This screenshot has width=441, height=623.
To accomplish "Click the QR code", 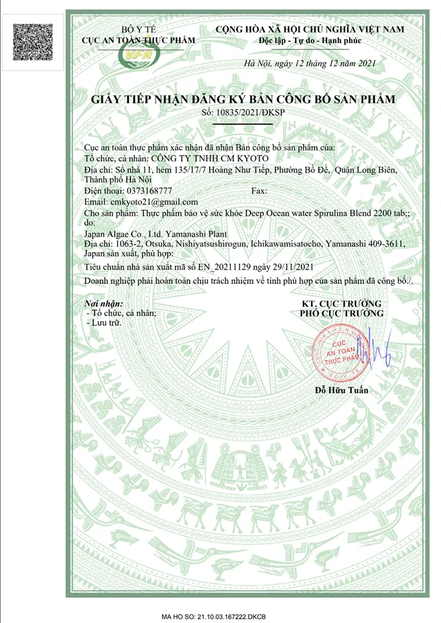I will [x=33, y=42].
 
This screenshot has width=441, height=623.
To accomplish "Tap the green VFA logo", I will [x=139, y=57].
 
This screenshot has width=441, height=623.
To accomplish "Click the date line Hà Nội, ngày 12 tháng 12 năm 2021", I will [x=307, y=63].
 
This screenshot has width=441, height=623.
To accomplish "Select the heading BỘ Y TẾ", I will [x=139, y=30].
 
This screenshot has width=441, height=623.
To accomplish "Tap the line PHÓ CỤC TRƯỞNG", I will [x=342, y=313].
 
